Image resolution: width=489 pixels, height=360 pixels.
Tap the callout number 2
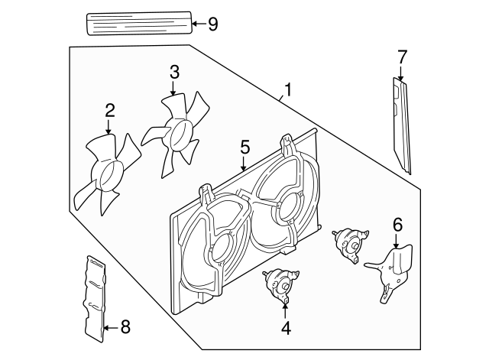[x=109, y=110]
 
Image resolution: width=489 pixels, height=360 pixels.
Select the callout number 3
[x=174, y=73]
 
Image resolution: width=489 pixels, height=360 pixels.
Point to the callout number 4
[x=286, y=329]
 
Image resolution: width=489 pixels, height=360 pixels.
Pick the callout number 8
[x=125, y=328]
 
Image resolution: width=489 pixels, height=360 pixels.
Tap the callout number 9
[x=212, y=24]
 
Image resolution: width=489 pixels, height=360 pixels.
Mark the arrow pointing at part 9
[x=197, y=24]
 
